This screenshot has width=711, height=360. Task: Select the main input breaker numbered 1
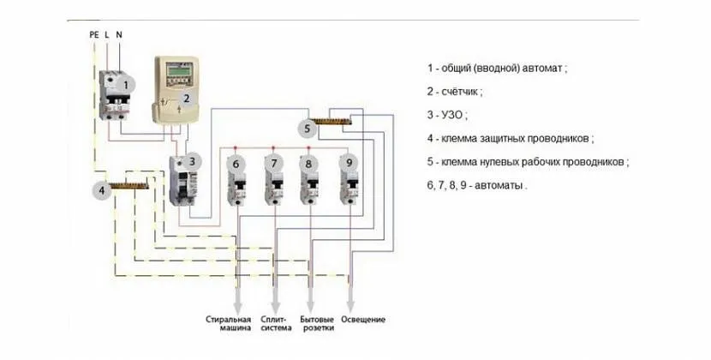[114, 95]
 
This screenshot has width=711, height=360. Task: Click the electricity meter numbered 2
[176, 90]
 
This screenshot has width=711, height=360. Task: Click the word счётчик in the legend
[463, 90]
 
